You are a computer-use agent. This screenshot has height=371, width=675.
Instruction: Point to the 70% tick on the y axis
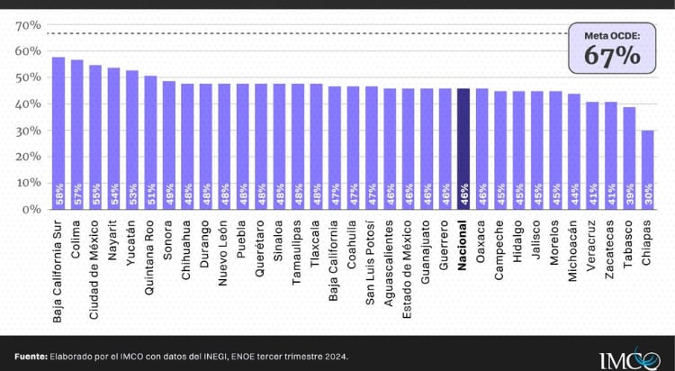27,25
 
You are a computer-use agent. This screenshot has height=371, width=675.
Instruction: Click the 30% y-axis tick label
27,131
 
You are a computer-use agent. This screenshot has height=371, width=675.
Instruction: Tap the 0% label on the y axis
30,209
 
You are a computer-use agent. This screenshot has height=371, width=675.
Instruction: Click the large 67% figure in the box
612,55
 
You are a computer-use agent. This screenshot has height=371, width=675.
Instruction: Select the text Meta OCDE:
612,36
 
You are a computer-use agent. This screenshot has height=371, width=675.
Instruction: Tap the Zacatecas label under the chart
611,249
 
